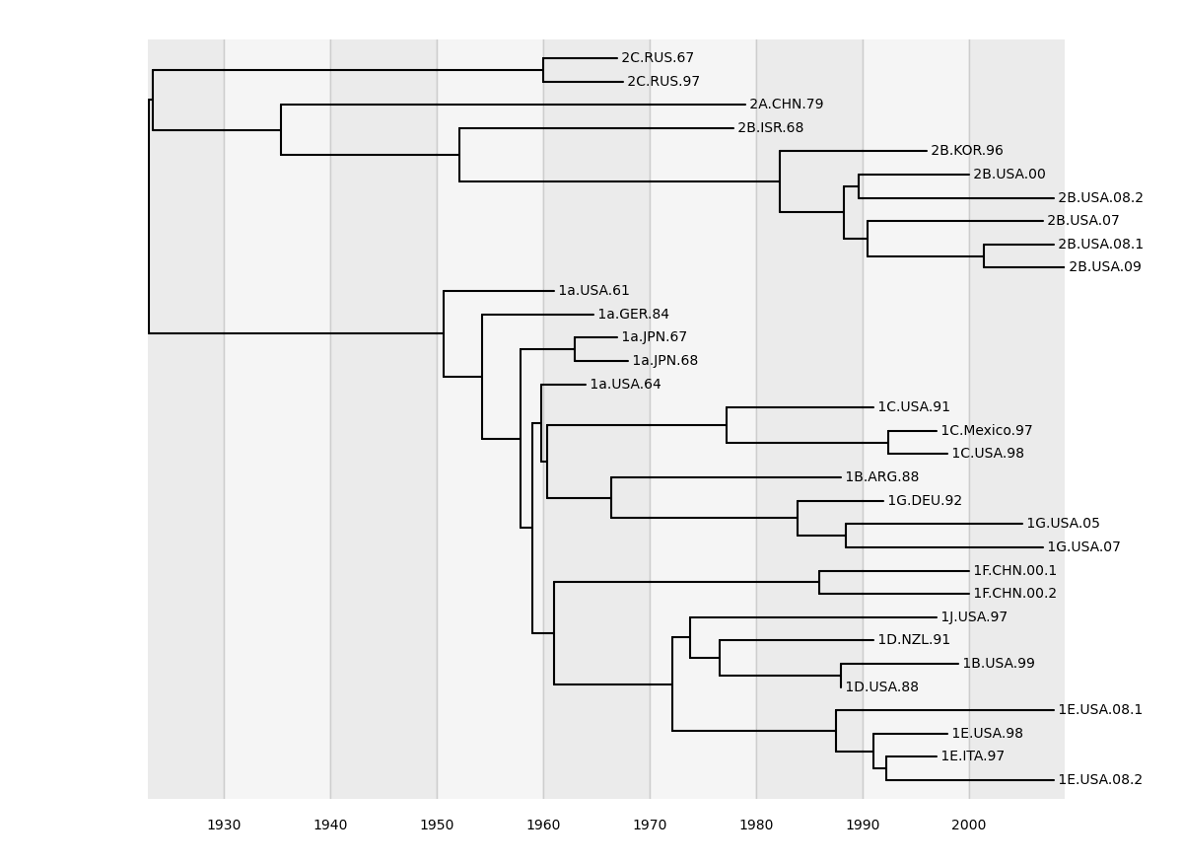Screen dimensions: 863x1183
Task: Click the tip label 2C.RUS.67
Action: (x=658, y=58)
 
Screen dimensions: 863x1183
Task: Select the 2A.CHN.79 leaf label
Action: (x=786, y=105)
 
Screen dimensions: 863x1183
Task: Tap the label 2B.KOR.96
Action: (x=966, y=151)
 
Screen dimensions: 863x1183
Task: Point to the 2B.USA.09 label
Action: (x=1104, y=267)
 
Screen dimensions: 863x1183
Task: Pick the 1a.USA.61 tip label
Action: (x=593, y=291)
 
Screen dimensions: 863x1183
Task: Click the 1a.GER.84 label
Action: (x=633, y=315)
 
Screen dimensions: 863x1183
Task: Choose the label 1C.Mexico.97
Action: (x=986, y=431)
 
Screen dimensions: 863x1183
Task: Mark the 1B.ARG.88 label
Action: (x=881, y=477)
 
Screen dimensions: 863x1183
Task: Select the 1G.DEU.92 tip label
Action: (x=925, y=501)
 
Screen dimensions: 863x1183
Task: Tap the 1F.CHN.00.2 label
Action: (x=1014, y=594)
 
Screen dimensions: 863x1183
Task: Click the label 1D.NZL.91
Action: (x=914, y=640)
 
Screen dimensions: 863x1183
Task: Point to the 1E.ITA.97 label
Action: (x=972, y=756)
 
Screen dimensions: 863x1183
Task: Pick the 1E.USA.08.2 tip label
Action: (x=1100, y=780)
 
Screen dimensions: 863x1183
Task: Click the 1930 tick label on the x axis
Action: (x=224, y=825)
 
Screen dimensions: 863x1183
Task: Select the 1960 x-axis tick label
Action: (x=543, y=825)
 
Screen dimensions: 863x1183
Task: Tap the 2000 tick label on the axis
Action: (x=969, y=825)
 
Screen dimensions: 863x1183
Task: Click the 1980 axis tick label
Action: (x=756, y=825)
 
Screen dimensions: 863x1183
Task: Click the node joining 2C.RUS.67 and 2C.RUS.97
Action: (x=543, y=70)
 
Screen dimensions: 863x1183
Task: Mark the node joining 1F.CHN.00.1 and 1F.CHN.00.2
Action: (x=819, y=582)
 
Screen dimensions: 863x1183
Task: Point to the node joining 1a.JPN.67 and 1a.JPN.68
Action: (x=575, y=349)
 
